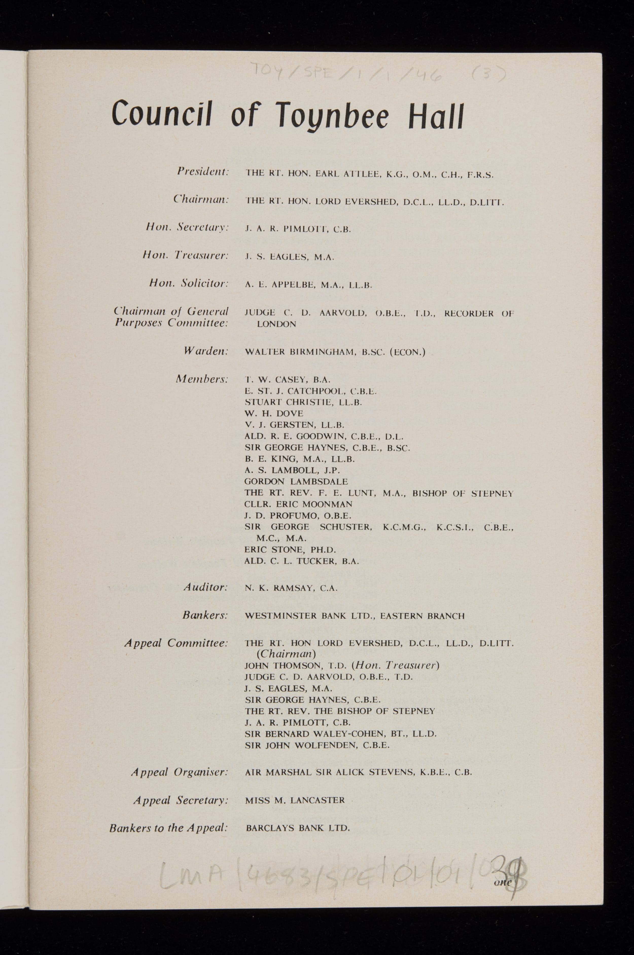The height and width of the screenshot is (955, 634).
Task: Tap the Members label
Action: click(x=202, y=379)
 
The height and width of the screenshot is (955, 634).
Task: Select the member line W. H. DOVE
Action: click(x=274, y=413)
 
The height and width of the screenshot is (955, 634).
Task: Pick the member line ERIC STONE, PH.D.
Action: click(x=290, y=550)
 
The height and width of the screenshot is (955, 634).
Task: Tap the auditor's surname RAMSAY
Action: click(x=294, y=589)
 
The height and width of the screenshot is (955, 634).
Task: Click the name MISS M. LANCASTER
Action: click(x=295, y=800)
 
